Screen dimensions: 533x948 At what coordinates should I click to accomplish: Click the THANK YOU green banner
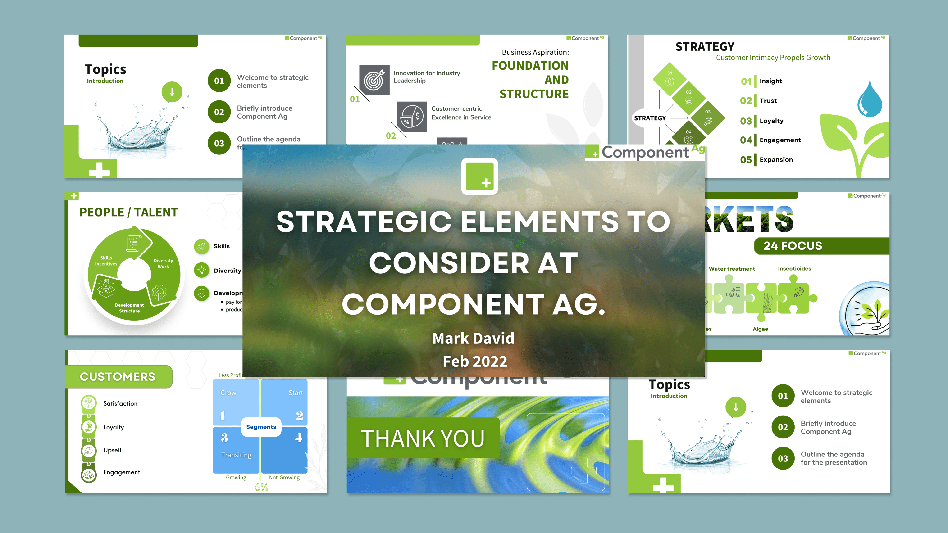tap(423, 438)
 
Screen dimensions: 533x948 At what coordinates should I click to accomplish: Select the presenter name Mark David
tap(473, 338)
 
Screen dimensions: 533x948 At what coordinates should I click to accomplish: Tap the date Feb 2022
tap(475, 361)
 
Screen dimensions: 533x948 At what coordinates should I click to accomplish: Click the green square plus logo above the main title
tap(479, 176)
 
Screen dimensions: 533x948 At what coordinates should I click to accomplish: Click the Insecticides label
tap(794, 269)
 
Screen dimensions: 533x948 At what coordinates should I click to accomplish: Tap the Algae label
tap(760, 329)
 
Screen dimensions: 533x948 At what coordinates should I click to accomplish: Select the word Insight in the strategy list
tap(771, 81)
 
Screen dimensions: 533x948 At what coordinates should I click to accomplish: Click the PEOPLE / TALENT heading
tap(129, 212)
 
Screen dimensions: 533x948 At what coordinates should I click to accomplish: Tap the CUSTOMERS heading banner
tap(118, 377)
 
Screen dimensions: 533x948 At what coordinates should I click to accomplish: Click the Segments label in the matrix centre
tap(261, 427)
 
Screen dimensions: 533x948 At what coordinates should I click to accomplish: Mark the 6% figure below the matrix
tap(261, 487)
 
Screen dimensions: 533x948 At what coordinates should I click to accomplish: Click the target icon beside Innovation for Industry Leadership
tap(374, 80)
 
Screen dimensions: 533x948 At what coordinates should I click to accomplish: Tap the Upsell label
tap(112, 450)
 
